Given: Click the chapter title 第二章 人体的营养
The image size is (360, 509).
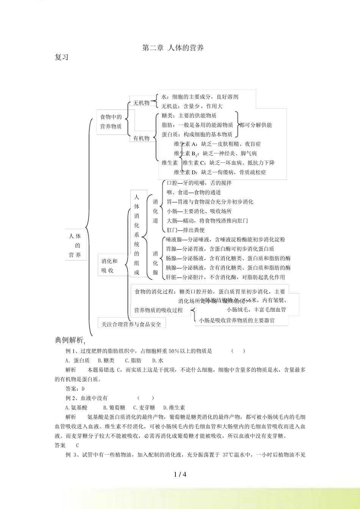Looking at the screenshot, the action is click(173, 48).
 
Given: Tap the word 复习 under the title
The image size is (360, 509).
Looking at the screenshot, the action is click(61, 58).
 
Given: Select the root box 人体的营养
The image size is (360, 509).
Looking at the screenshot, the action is click(75, 245).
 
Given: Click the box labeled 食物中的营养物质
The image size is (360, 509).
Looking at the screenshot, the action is click(111, 122).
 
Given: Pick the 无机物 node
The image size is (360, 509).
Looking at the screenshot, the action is click(141, 103).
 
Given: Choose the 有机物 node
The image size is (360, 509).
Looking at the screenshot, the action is click(141, 138).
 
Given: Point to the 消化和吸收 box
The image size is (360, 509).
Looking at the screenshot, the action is click(110, 266).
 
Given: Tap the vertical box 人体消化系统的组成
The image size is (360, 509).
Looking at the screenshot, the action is click(137, 235).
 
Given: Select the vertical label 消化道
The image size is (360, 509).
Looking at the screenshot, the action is click(155, 211).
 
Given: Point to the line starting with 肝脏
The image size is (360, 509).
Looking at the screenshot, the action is click(225, 277).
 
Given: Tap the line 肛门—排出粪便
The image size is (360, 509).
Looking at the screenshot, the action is click(186, 230).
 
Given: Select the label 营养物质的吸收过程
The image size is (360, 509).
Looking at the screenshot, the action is click(158, 310).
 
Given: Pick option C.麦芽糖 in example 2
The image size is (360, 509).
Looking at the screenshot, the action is click(144, 408).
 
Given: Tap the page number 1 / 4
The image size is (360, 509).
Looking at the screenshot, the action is click(180, 474).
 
